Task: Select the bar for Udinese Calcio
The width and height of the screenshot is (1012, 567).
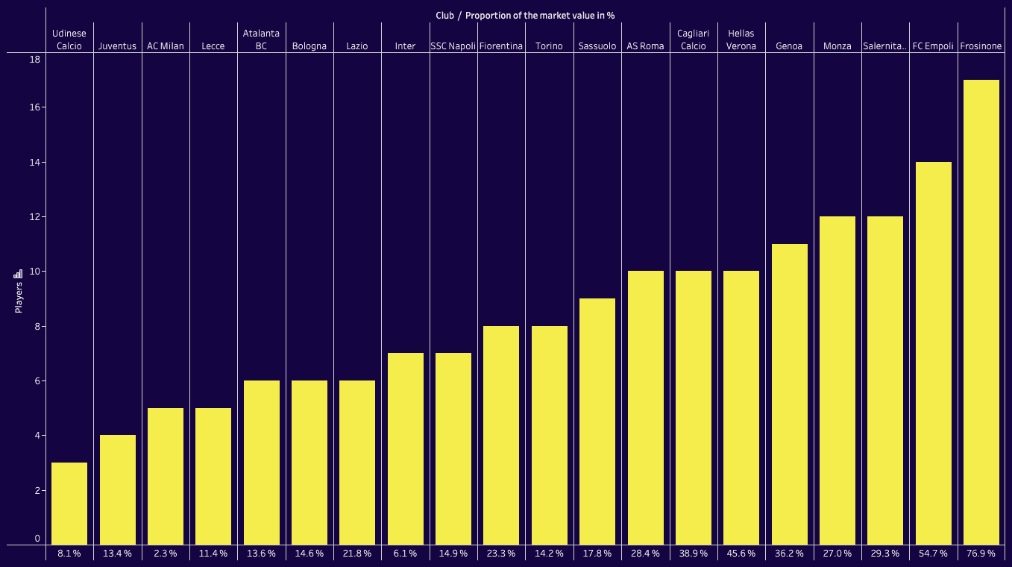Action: coord(69,504)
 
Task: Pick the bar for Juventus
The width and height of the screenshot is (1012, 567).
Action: coord(118,489)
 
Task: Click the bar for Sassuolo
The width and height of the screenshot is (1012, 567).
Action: coord(597,422)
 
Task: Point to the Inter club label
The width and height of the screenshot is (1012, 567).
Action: coord(405,46)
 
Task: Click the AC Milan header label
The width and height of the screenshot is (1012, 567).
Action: coord(166,46)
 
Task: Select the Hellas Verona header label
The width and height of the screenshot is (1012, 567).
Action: coord(741,40)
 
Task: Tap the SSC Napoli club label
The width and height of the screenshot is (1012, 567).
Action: coord(453,46)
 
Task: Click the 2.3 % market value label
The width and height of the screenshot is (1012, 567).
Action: coord(166,554)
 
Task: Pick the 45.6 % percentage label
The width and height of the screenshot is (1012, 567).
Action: coord(741,554)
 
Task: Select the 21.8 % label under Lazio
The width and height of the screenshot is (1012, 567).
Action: coord(357,554)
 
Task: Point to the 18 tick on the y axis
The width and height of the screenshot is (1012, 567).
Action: coord(34,59)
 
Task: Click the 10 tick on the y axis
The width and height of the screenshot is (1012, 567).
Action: coord(34,272)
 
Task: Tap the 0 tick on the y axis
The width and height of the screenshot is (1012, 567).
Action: coord(37,538)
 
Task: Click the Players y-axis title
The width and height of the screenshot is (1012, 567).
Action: coord(19,298)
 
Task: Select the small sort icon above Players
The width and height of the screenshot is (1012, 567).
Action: coord(19,274)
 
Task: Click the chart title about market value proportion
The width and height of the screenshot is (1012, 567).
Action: coord(525,15)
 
